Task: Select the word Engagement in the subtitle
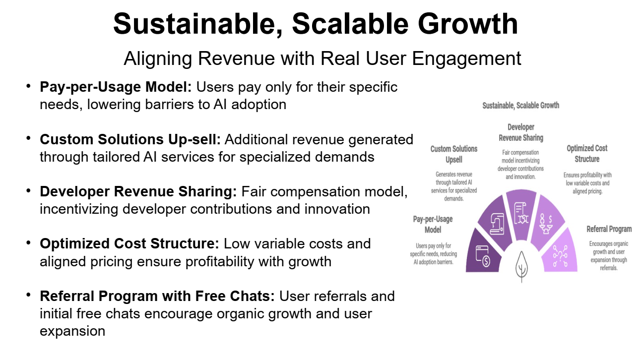(466, 59)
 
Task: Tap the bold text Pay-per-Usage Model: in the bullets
(116, 87)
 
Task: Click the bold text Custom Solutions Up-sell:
(130, 139)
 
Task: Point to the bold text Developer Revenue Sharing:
(138, 191)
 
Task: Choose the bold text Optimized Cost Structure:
(129, 243)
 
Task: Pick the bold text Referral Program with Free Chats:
(157, 296)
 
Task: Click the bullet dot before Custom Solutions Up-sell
(28, 138)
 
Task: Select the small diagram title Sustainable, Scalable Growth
(521, 106)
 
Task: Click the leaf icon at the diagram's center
(521, 267)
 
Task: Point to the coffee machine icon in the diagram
(497, 224)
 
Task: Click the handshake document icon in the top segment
(521, 213)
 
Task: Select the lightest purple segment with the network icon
(560, 252)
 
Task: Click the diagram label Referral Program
(609, 229)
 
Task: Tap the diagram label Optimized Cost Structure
(587, 154)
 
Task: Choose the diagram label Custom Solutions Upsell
(454, 154)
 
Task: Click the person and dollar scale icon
(545, 224)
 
